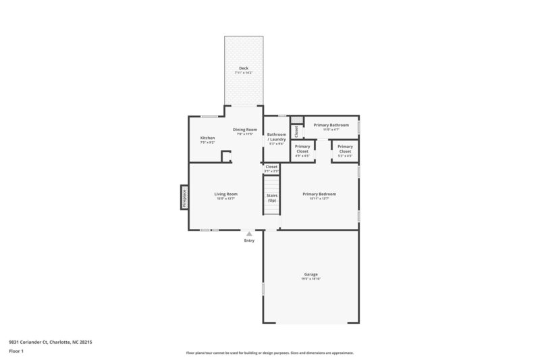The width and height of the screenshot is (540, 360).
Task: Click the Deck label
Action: [243, 68]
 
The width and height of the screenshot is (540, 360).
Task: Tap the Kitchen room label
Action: [207, 138]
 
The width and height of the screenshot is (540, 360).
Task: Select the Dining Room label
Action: [245, 130]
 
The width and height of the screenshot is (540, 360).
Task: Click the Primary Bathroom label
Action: [331, 125]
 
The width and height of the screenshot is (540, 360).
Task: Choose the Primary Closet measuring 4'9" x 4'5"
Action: [302, 149]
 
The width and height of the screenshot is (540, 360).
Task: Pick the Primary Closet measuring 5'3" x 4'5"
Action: [345, 149]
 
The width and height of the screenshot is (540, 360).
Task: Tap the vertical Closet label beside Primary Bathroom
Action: [296, 131]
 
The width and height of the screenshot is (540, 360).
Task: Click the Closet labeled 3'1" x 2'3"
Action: [271, 168]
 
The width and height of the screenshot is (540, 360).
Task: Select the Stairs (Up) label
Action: [271, 198]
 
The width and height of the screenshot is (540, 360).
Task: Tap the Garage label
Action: [310, 274]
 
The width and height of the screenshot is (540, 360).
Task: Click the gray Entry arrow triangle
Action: [249, 234]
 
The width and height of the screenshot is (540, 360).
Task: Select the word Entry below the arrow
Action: [249, 240]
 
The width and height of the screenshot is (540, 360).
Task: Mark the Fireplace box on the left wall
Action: [183, 197]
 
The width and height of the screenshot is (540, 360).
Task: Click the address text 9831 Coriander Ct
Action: [30, 342]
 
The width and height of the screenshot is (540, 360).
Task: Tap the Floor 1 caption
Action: [16, 352]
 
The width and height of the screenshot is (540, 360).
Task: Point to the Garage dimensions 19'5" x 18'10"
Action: [310, 278]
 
